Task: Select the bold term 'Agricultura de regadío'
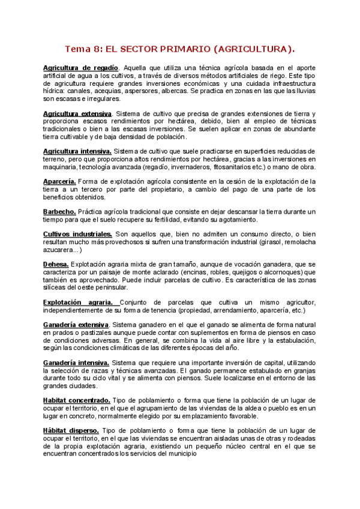click(81, 68)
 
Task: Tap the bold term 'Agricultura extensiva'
click(77, 113)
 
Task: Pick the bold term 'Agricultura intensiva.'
click(77, 151)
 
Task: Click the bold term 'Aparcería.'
click(59, 181)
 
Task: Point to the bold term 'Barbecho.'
click(59, 212)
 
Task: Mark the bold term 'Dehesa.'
click(56, 264)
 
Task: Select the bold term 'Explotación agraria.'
click(80, 303)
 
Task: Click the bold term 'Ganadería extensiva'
click(76, 325)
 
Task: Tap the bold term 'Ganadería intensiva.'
click(76, 363)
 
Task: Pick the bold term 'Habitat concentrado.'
click(76, 400)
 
